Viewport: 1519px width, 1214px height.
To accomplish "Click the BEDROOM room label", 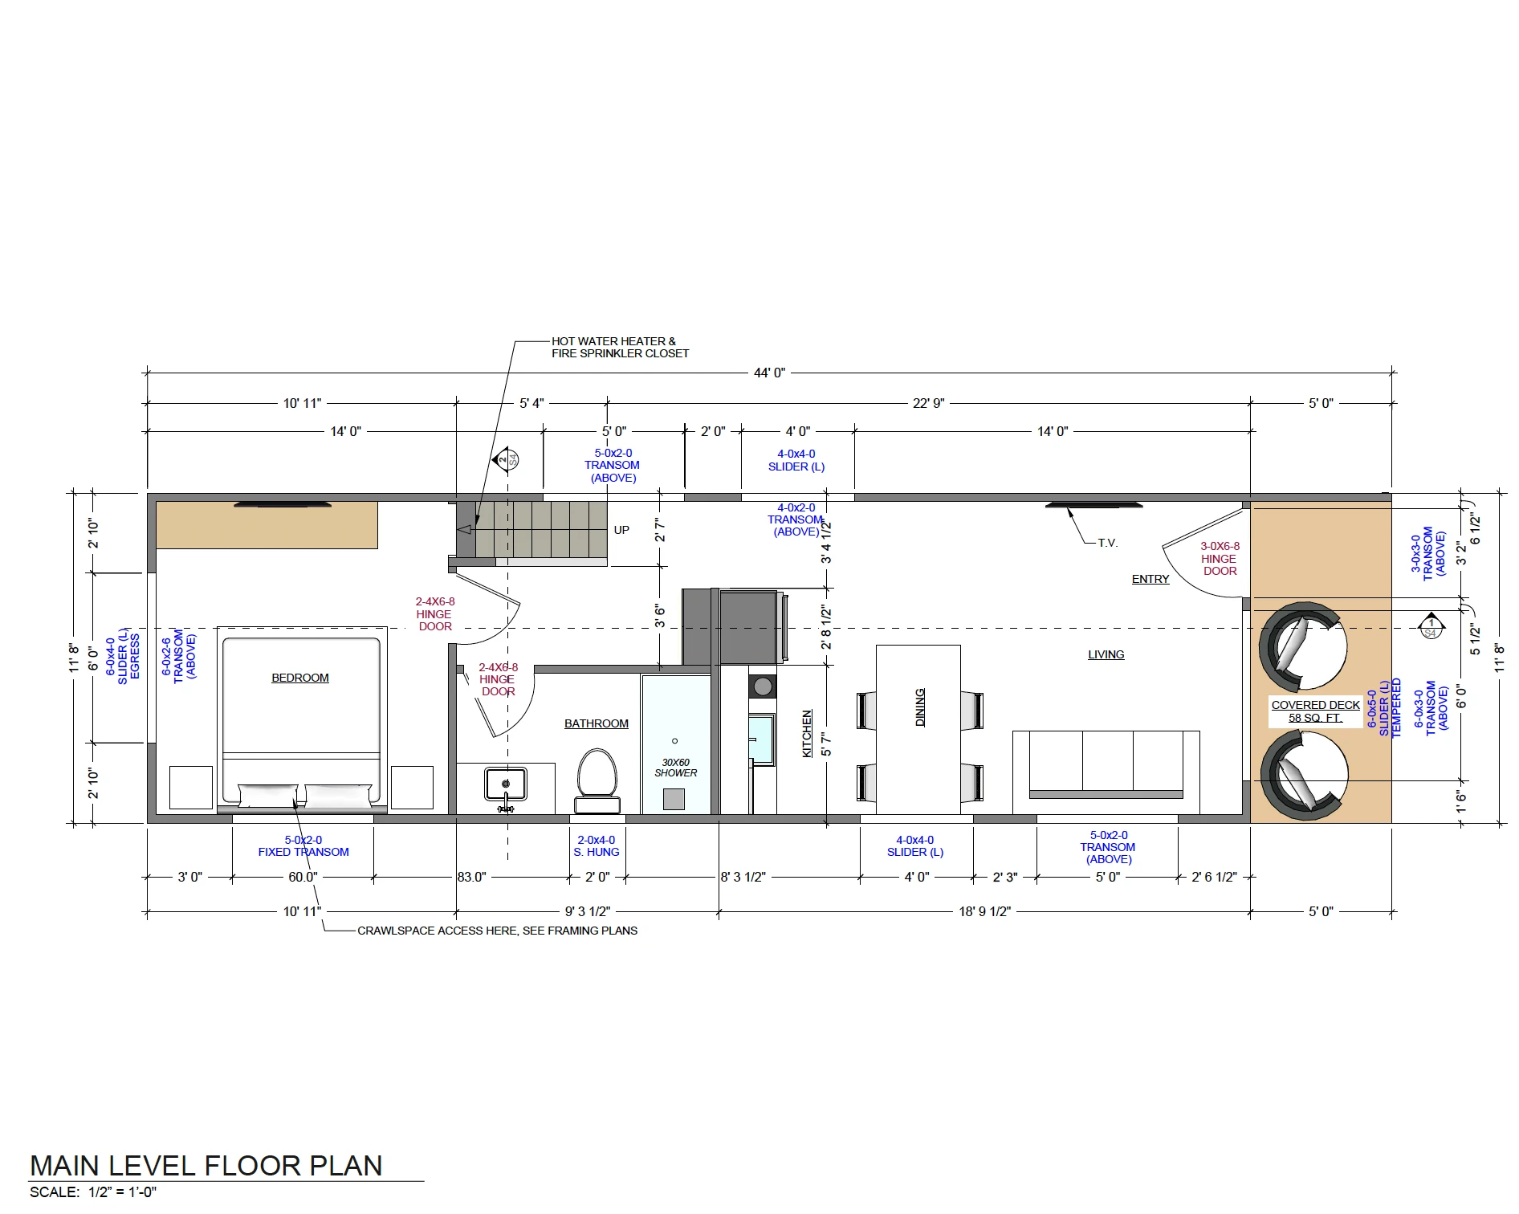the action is click(300, 678).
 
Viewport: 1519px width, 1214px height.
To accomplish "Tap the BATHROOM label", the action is click(597, 723).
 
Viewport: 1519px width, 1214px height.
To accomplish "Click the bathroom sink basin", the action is click(506, 784).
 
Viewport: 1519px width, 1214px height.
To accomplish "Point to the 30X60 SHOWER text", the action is click(676, 768).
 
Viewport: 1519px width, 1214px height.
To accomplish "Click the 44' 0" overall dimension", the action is click(769, 373).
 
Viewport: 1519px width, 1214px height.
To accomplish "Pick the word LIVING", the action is click(1106, 654).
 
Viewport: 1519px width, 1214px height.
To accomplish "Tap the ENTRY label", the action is click(1150, 579).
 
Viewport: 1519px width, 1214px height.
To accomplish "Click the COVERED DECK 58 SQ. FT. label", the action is click(1315, 711).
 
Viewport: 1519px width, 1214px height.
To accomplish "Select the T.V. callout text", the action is click(1108, 543).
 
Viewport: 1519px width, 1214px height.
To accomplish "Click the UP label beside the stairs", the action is click(621, 530).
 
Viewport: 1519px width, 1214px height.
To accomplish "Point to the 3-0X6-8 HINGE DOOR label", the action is click(1220, 558).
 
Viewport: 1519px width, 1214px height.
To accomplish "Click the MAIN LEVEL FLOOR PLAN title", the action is click(206, 1166).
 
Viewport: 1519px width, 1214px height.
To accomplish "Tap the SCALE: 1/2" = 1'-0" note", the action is click(93, 1192).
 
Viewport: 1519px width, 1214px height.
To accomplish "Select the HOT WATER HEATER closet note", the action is click(620, 347).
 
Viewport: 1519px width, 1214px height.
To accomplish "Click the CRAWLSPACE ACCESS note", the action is click(497, 931).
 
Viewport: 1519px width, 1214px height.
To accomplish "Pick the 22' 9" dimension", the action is click(928, 403).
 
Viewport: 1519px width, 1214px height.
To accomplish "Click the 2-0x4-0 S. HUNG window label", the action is click(597, 846).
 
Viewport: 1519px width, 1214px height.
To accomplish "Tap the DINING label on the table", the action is click(920, 707).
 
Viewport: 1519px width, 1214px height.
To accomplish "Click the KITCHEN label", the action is click(807, 733).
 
